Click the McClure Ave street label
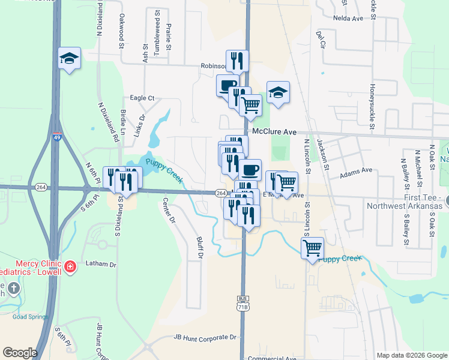275,131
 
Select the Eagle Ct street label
142,98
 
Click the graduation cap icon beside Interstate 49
70,58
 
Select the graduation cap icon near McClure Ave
278,92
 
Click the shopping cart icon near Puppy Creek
312,247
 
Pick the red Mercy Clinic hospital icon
70,265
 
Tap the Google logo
20,353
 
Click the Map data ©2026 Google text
411,355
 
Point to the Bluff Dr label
200,248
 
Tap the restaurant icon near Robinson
238,61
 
